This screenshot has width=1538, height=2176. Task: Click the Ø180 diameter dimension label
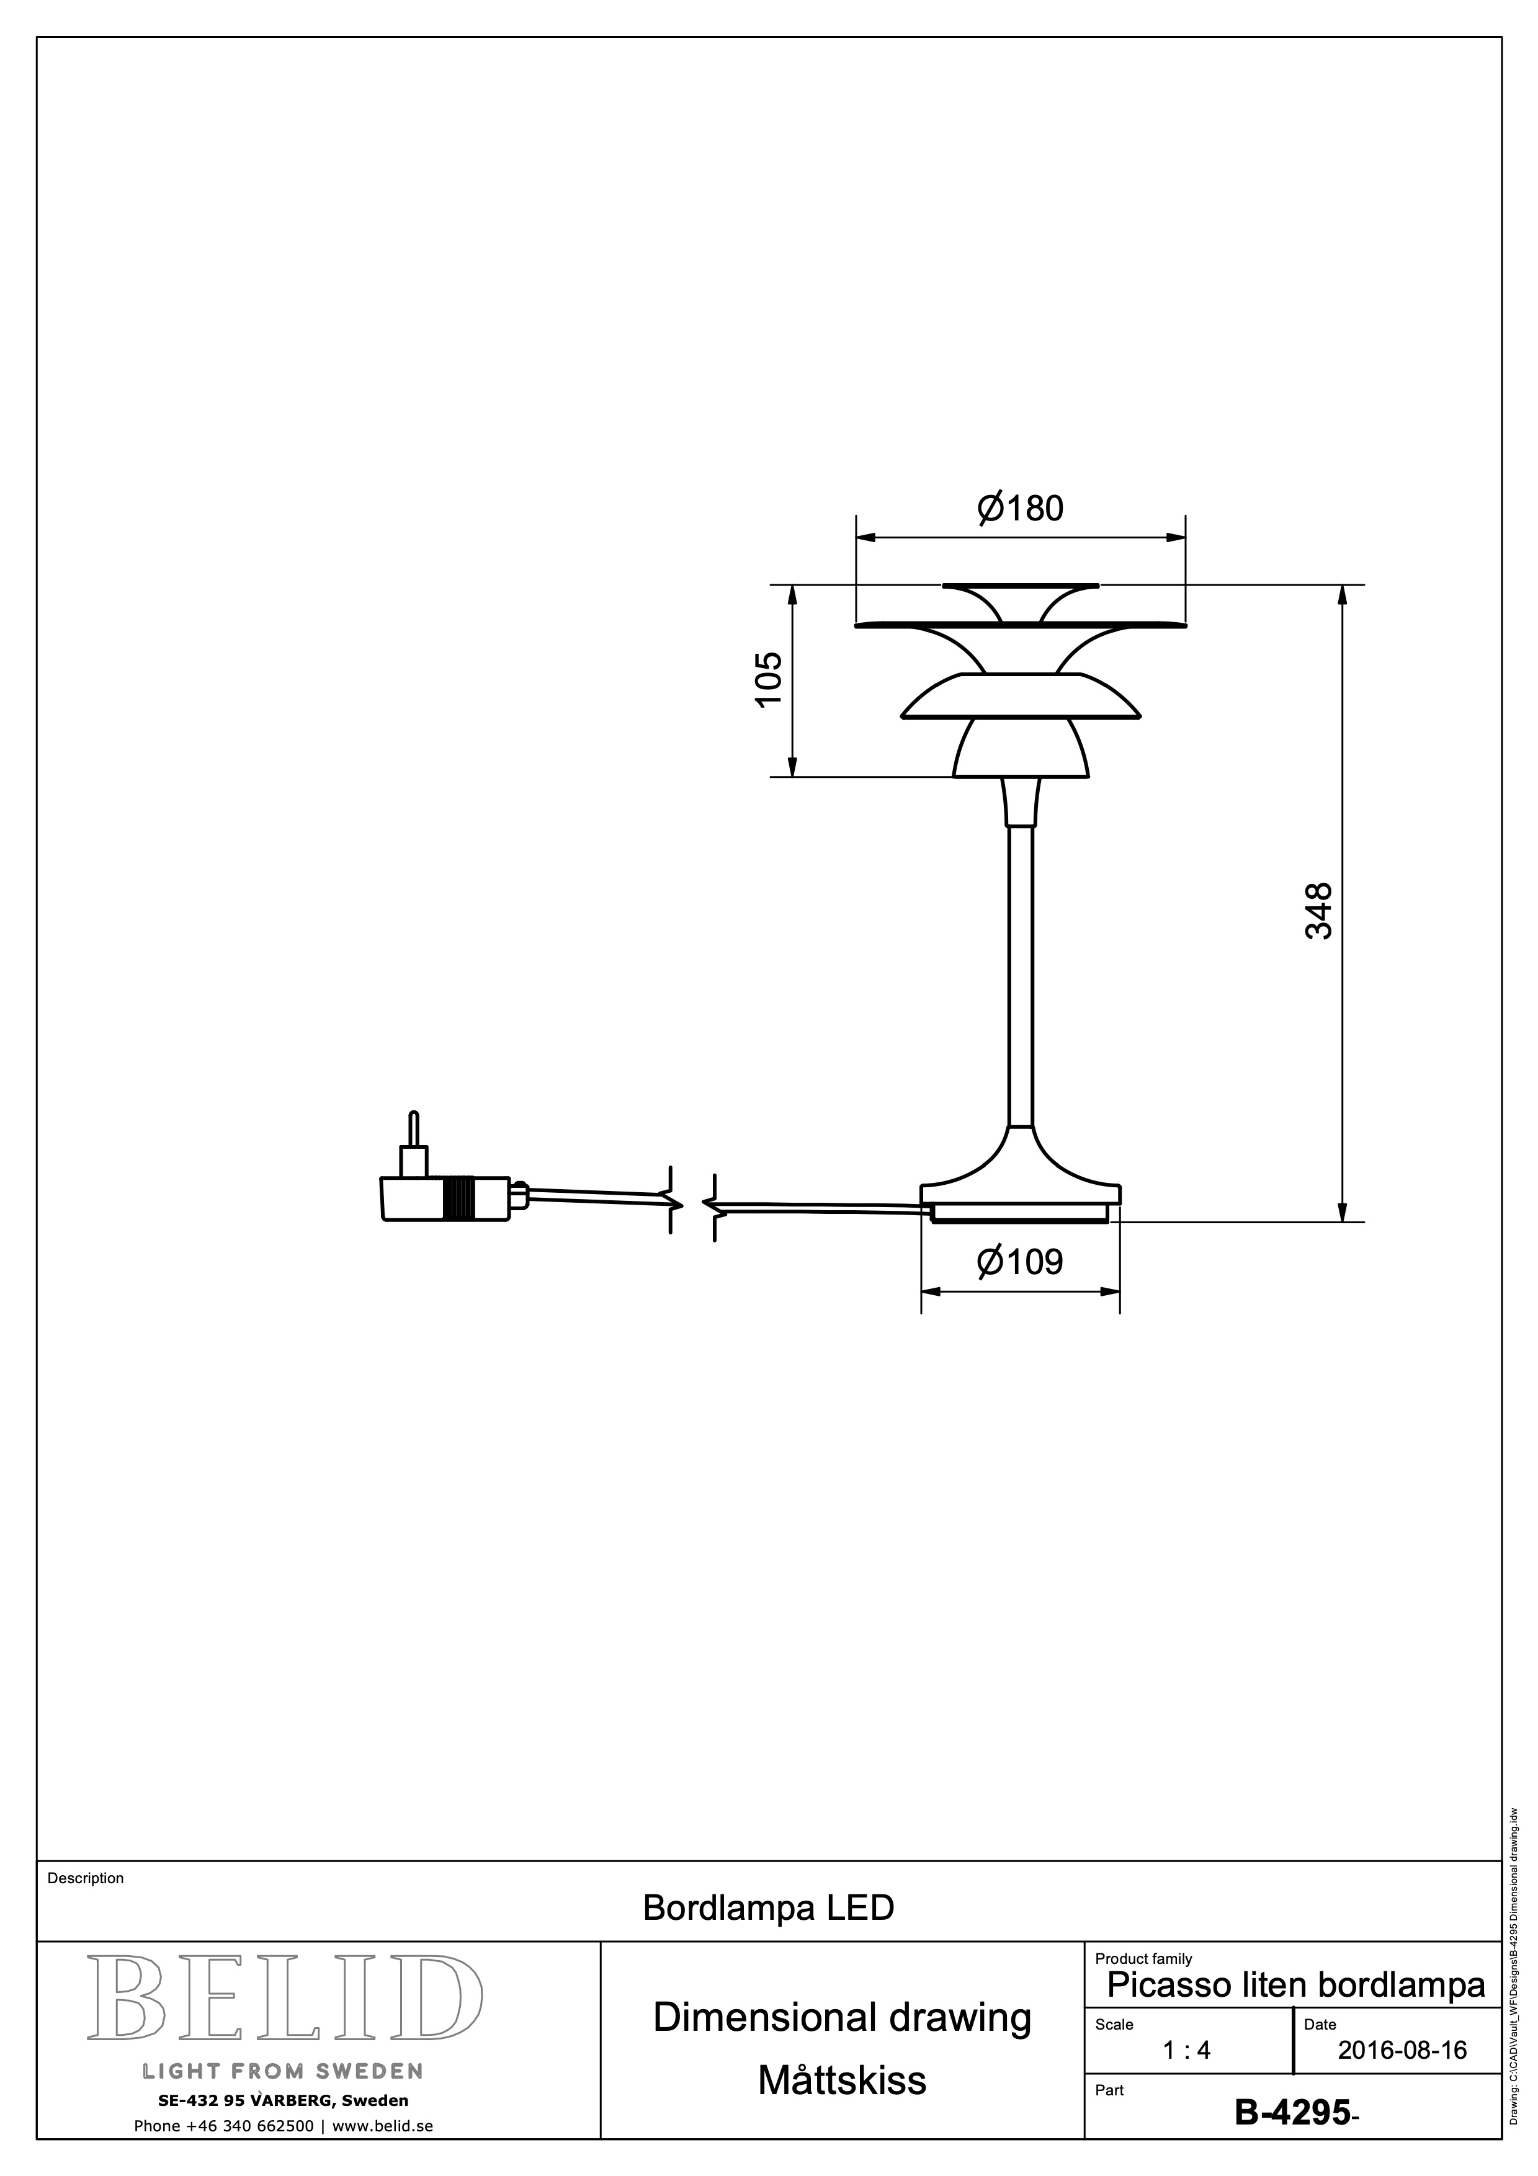pos(1020,509)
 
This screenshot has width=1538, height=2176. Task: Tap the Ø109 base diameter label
pos(1020,1262)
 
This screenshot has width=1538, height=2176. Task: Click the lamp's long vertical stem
pos(1021,976)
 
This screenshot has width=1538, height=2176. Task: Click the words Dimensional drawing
pos(841,2018)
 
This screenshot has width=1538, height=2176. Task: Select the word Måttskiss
pos(841,2080)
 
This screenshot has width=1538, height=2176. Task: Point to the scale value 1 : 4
pos(1186,2051)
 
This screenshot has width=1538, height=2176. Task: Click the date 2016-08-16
pos(1402,2051)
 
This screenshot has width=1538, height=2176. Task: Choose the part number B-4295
pos(1292,2111)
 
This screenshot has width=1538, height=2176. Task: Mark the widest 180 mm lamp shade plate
pos(1021,625)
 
